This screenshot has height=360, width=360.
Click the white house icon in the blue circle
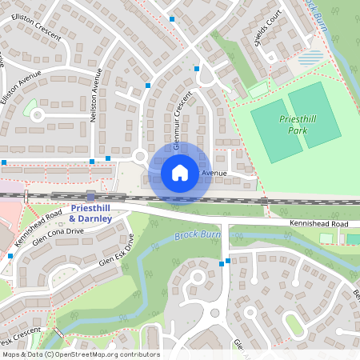pos(179,172)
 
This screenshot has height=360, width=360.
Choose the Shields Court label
pos(269,30)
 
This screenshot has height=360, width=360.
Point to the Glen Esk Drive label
pos(115,251)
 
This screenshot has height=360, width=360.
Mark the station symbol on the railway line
pos(91,195)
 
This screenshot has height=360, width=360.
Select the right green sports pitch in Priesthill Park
pos(314,114)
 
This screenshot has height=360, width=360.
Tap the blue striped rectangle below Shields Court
pos(311,58)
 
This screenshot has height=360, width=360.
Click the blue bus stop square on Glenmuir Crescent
pos(197,69)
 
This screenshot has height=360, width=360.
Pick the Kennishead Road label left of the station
pos(45,216)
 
